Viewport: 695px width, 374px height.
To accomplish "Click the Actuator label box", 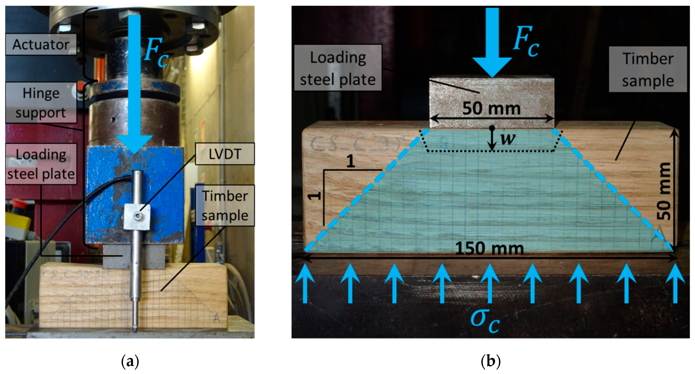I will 41,44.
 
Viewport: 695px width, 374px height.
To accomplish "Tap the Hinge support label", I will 41,103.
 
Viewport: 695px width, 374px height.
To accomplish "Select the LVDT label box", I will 225,154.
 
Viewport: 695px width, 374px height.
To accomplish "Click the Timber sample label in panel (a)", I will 225,205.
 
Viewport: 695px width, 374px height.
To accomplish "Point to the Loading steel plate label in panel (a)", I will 41,164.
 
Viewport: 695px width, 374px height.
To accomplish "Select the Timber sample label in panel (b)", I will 648,70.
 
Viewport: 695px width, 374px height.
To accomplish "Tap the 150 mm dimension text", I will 490,249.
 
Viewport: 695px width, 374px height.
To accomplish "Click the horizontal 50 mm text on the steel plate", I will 492,108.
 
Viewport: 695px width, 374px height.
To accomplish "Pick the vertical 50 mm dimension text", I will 663,191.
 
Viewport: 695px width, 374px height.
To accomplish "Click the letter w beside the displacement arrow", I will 508,139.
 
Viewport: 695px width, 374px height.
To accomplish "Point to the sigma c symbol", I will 485,320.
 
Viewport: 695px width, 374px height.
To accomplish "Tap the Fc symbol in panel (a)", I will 156,52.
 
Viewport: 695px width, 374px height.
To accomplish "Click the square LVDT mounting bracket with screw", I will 137,217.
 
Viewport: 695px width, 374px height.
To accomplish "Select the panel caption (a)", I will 130,361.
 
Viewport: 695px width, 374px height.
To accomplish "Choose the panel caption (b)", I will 491,361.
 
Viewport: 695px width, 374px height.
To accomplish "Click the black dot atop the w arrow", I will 492,128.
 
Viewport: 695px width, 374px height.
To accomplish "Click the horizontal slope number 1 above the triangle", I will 350,161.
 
